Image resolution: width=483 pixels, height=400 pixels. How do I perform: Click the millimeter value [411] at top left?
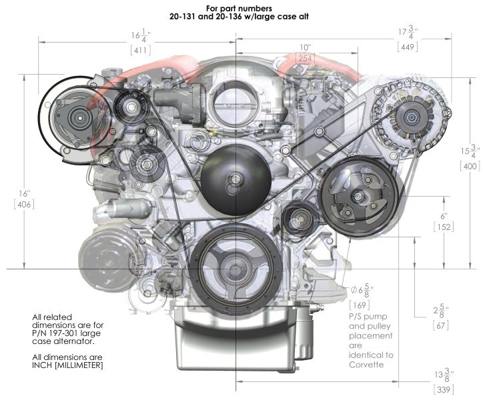point(141,50)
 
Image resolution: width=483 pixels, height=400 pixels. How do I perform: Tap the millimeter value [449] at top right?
point(408,47)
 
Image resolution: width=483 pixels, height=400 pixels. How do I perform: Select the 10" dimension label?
point(306,47)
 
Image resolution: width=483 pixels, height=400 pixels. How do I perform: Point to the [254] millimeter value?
point(305,58)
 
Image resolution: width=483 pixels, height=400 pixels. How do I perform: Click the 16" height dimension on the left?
point(24,194)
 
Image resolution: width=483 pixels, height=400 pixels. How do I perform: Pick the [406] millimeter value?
point(24,204)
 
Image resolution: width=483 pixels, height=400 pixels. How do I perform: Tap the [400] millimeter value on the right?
point(470,166)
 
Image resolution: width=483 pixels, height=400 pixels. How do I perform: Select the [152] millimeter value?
point(444,227)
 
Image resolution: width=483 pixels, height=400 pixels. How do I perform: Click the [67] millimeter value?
point(440,325)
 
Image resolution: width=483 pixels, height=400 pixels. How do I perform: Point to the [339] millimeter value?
point(444,389)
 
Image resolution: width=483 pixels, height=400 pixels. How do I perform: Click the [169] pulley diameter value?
point(360,305)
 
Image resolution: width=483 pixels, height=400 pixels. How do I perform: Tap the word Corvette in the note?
point(366,365)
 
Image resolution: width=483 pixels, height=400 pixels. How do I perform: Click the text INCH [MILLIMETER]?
point(67,365)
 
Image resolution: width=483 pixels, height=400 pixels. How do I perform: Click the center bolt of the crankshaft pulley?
point(235,270)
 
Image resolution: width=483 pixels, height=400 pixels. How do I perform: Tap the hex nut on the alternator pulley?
point(410,117)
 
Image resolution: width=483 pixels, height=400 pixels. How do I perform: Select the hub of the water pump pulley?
point(235,179)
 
